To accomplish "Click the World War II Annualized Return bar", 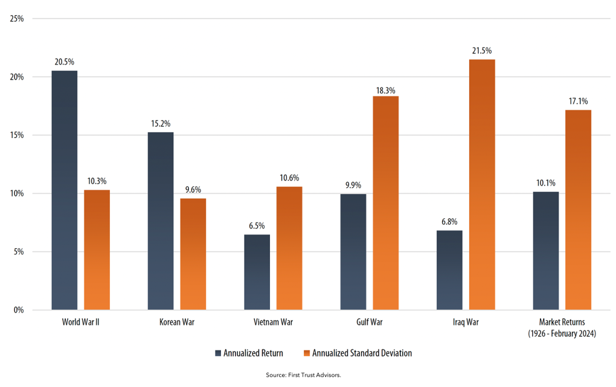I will [x=65, y=190].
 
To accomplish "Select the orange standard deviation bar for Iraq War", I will [x=481, y=184].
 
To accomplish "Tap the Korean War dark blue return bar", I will [x=161, y=221].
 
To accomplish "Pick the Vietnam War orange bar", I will [x=289, y=248].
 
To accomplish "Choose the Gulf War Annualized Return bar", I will [x=353, y=251].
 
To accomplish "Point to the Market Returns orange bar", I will [x=578, y=210].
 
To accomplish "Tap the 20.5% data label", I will [x=65, y=62].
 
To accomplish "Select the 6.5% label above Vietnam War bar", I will [x=257, y=226].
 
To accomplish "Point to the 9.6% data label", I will [x=193, y=190].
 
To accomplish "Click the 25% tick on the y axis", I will [x=17, y=19].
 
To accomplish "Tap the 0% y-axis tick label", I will [x=19, y=310].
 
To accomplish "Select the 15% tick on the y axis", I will [x=17, y=135].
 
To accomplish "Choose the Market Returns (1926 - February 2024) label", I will [x=562, y=327].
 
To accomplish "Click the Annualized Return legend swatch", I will [x=218, y=353].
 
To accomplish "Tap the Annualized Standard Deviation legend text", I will [x=362, y=353].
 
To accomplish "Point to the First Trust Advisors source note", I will [x=303, y=375].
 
